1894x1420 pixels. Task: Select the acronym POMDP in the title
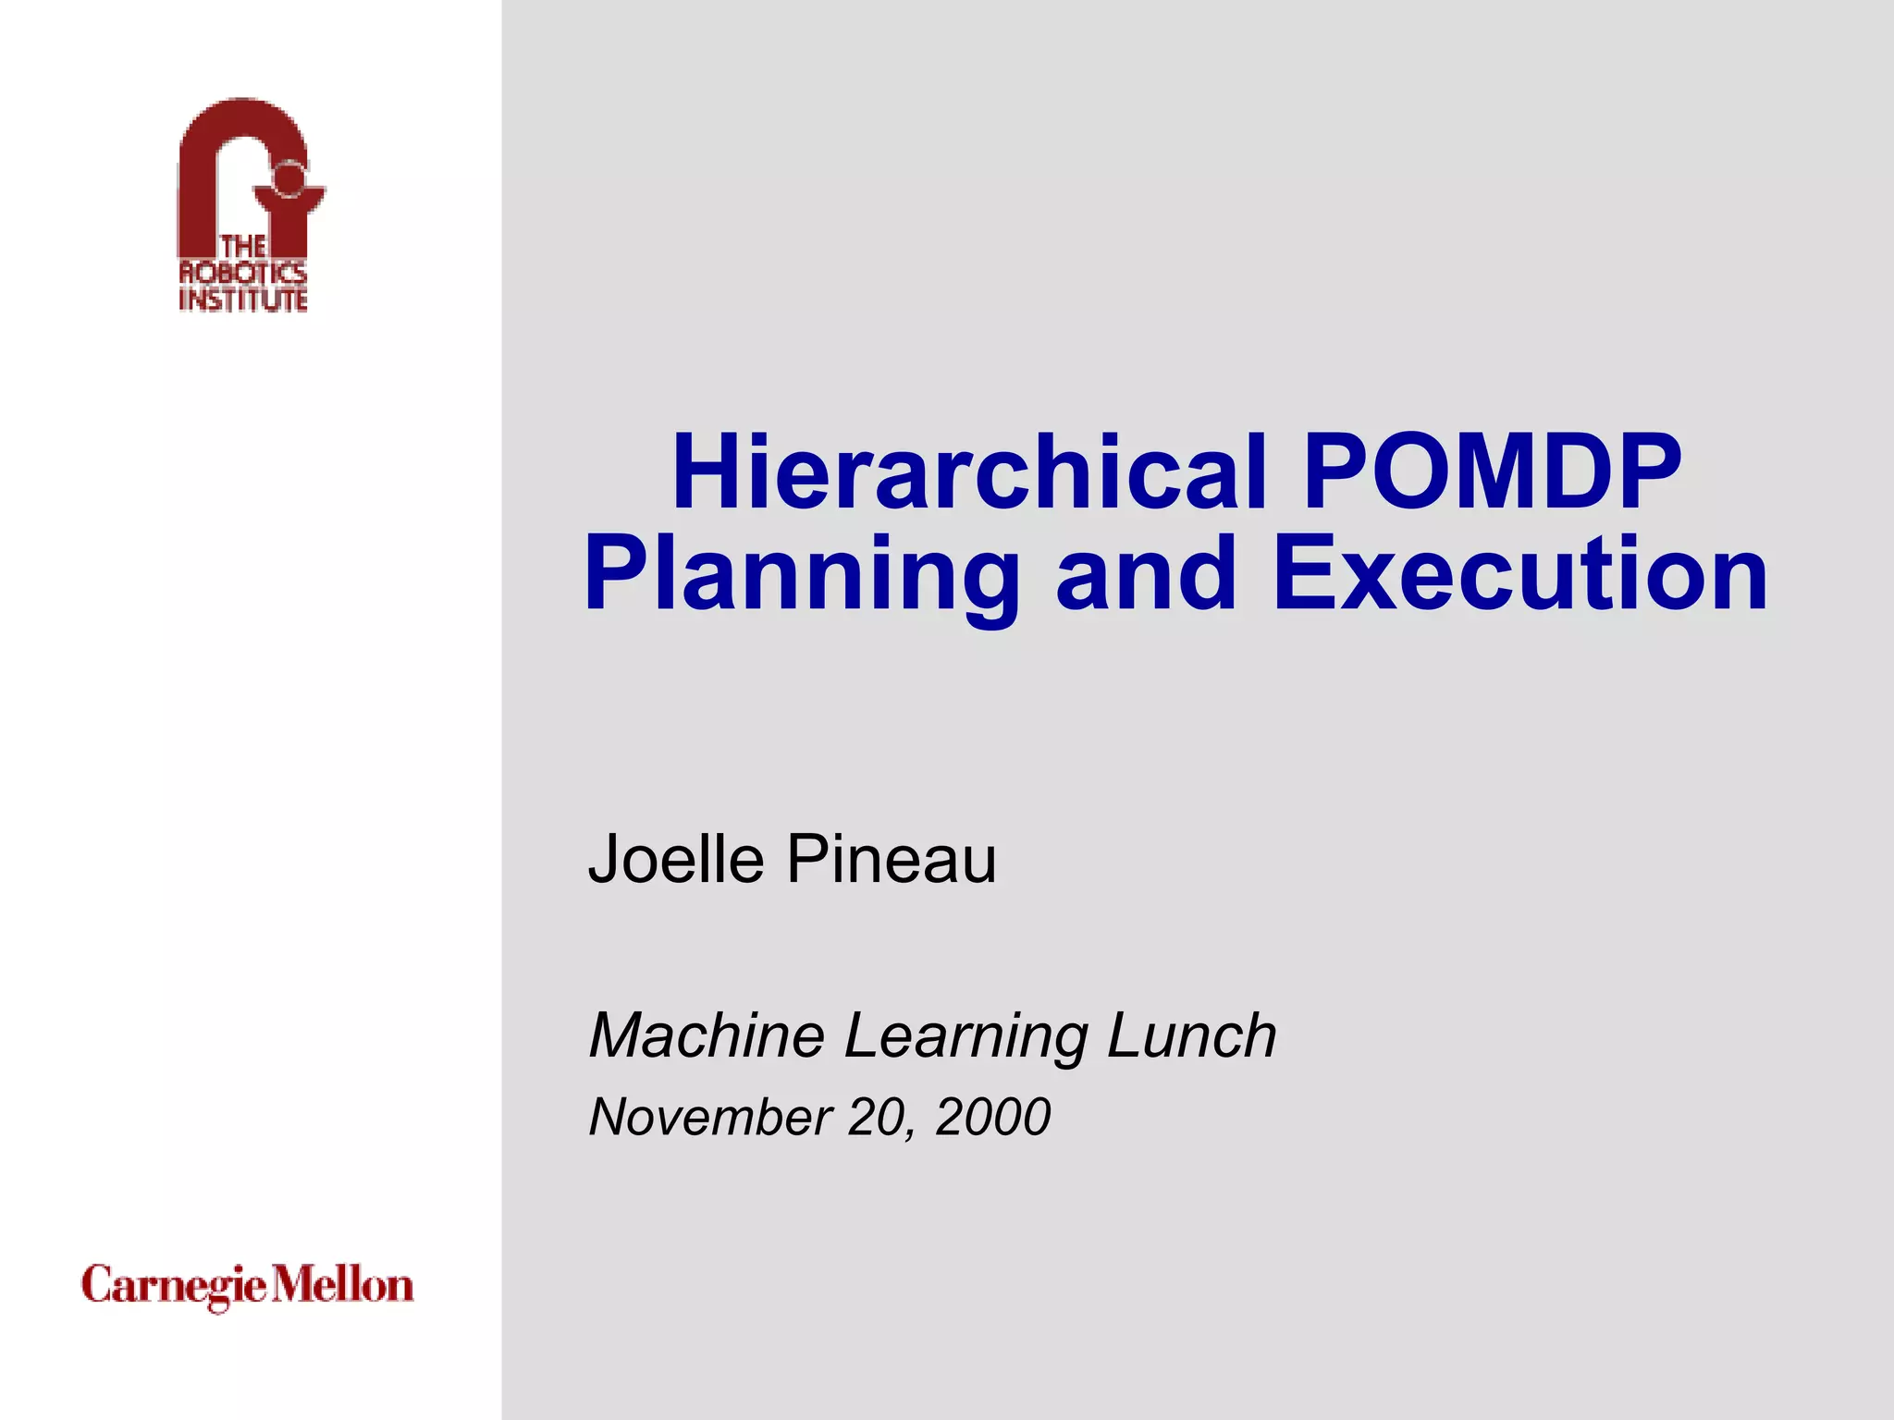[1492, 473]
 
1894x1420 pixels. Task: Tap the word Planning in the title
[802, 575]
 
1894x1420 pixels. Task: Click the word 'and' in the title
[1145, 575]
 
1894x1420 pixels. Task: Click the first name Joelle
[676, 860]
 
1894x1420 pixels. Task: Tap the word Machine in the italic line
[707, 1035]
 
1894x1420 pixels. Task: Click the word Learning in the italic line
[966, 1035]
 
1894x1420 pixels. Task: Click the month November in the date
[710, 1117]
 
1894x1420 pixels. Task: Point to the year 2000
[992, 1117]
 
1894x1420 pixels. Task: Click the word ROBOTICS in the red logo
[242, 273]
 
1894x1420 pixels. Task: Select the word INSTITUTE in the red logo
[242, 300]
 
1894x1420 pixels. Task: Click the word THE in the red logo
[242, 247]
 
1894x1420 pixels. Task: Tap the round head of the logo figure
[289, 178]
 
